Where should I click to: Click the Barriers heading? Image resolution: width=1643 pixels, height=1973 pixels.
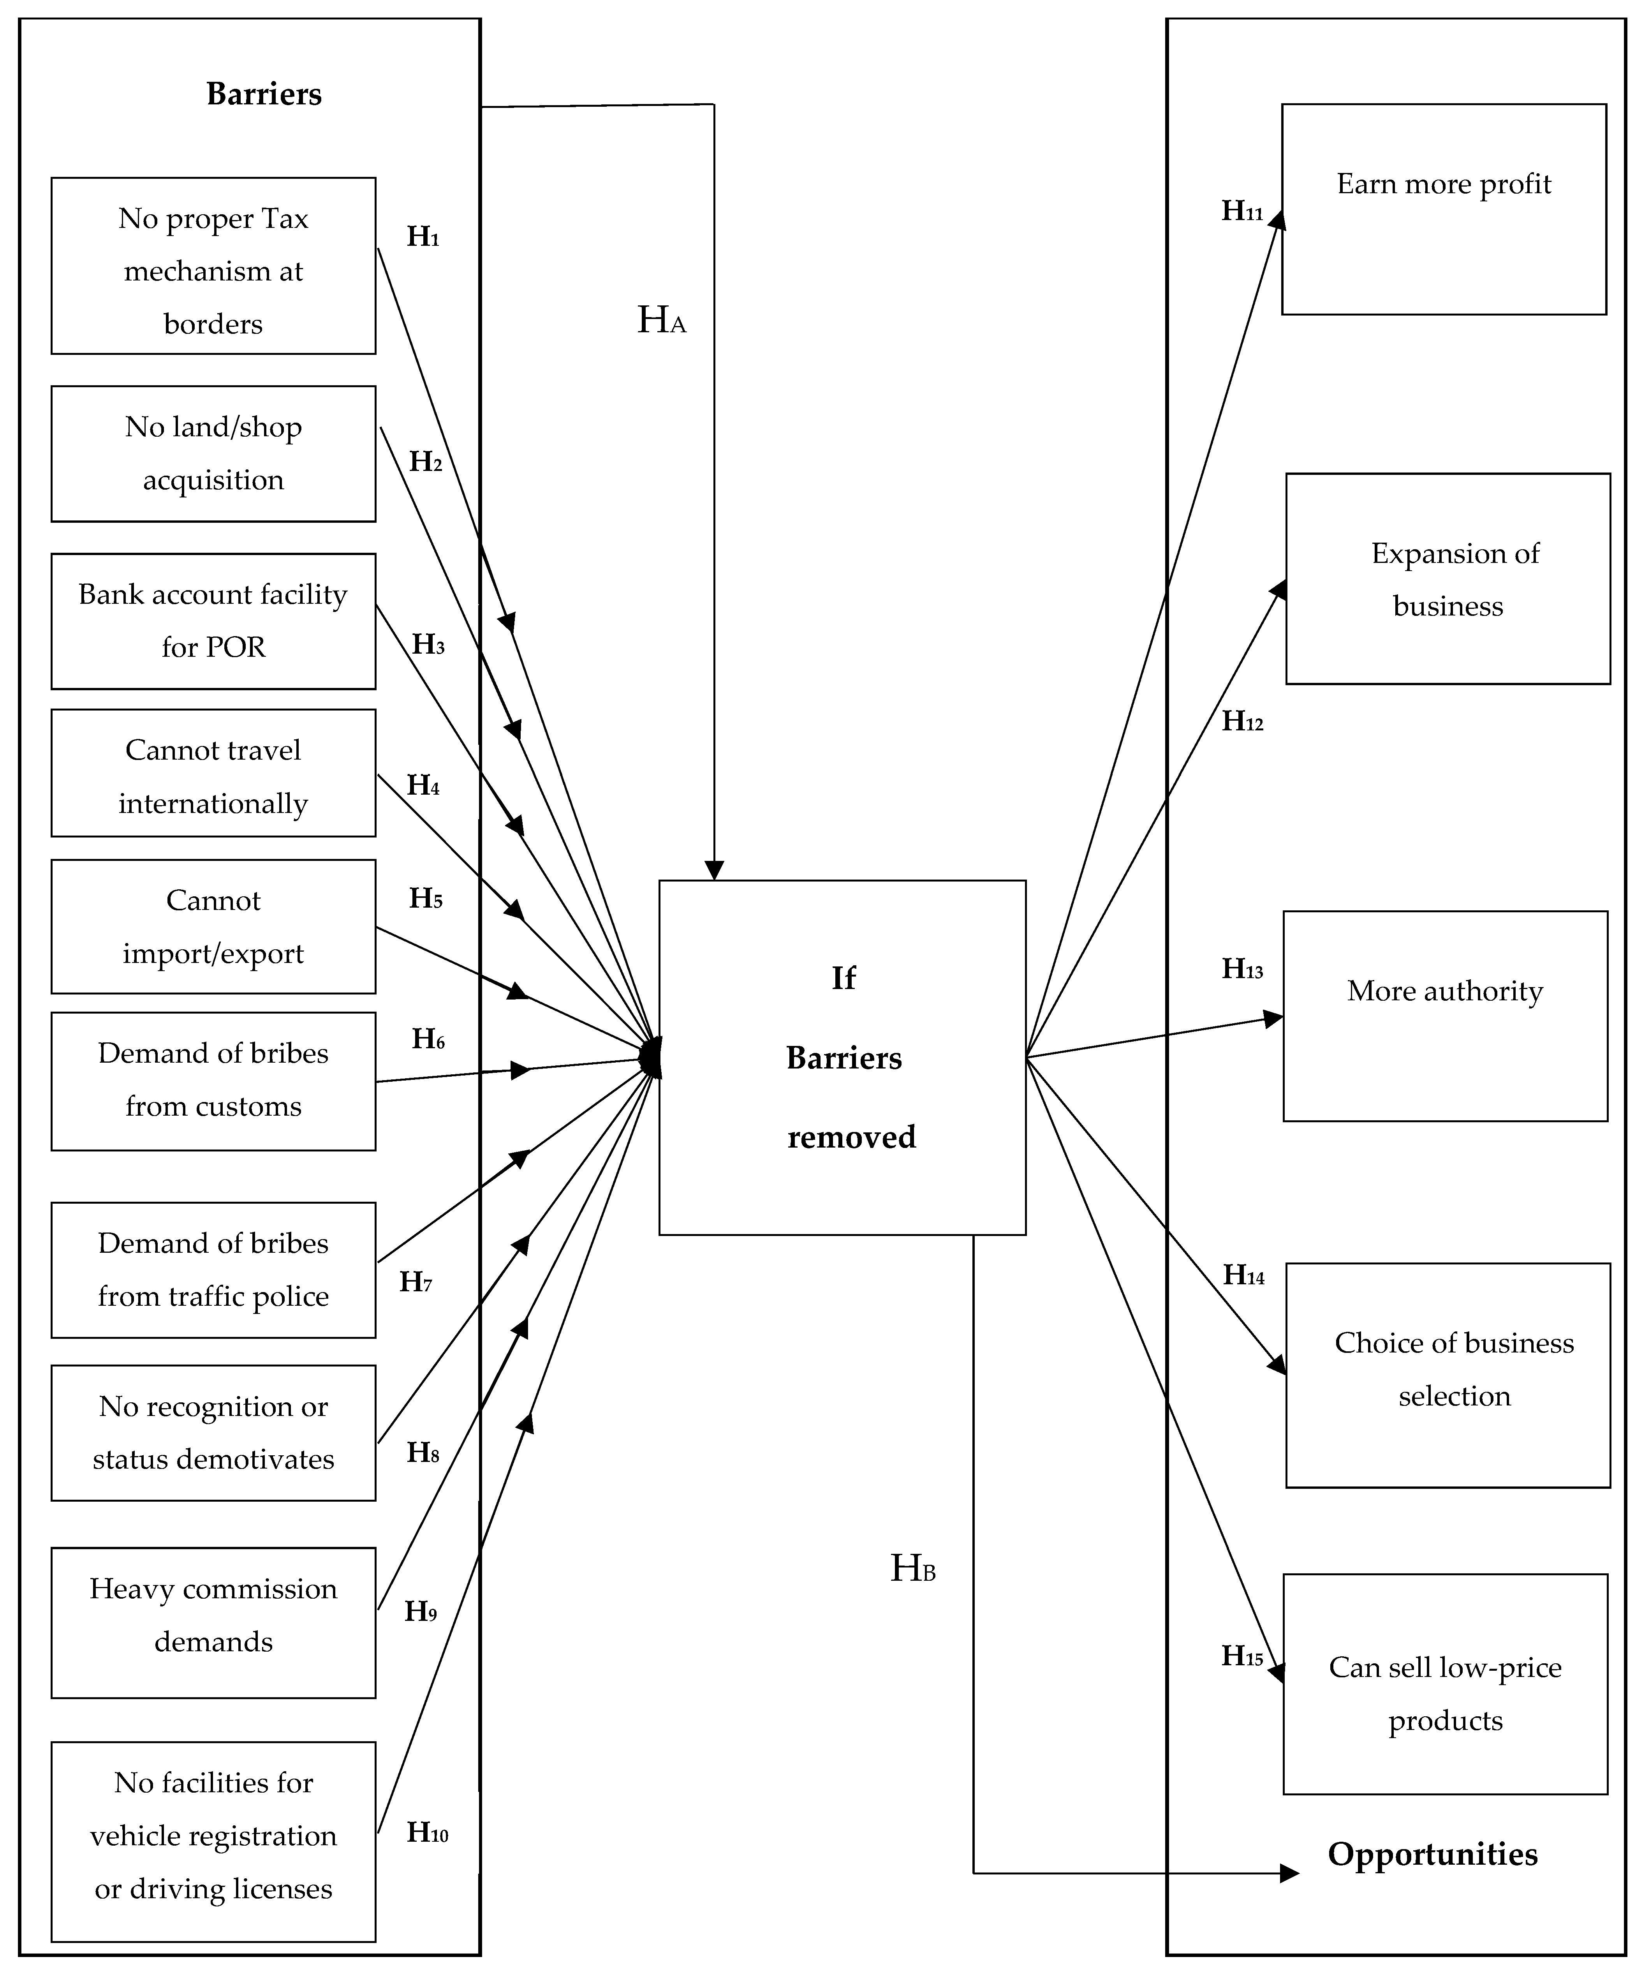tap(264, 94)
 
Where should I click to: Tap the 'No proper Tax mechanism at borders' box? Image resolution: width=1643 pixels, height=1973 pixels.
tap(213, 266)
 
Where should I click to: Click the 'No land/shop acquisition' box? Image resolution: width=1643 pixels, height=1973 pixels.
tap(213, 454)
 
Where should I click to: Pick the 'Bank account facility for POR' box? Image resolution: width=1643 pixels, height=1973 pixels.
tap(213, 621)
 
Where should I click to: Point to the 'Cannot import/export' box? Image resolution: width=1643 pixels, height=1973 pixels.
tap(213, 926)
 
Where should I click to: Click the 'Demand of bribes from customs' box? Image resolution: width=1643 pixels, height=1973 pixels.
tap(213, 1081)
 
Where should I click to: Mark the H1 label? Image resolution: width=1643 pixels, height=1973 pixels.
tap(423, 237)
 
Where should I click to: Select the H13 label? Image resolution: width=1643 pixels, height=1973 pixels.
tap(1242, 969)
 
